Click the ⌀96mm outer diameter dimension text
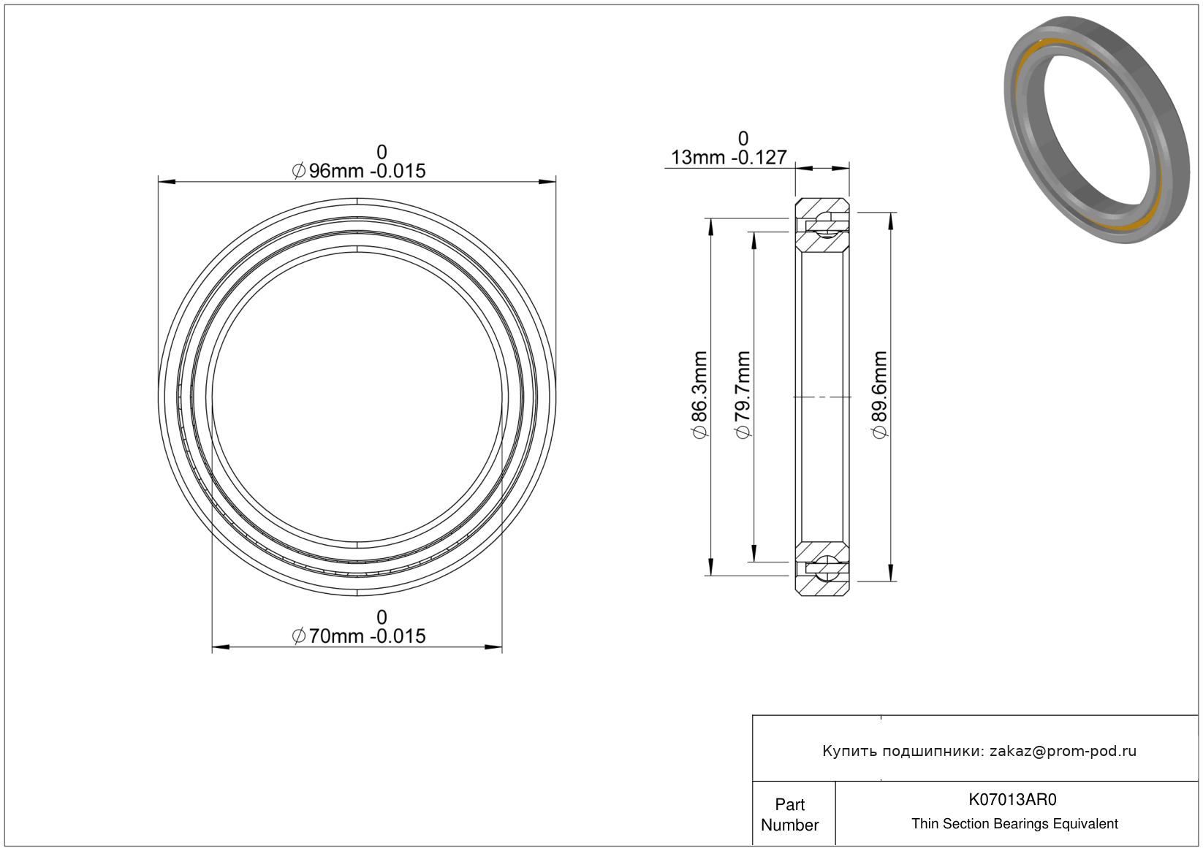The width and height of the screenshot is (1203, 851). coord(358,171)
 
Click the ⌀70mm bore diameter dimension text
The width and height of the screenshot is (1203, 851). coord(358,636)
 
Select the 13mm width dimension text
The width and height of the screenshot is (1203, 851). coord(729,157)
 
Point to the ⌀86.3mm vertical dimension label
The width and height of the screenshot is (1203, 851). coord(700,395)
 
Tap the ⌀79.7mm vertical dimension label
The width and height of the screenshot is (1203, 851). coord(743,395)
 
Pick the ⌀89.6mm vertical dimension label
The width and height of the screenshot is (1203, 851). coord(880,395)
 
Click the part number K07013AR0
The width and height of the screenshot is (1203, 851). coord(1012,799)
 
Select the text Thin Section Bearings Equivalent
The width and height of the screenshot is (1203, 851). coord(1014,824)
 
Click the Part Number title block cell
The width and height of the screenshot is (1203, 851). coord(793,814)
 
